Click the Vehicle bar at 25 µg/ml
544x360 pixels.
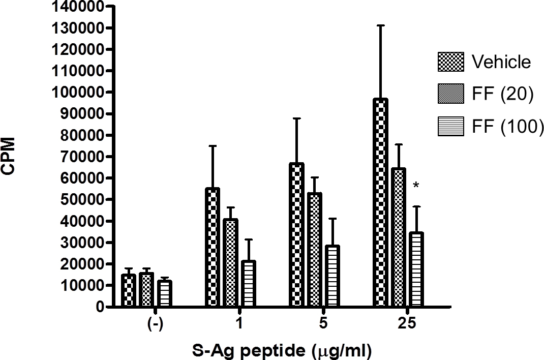[380, 203]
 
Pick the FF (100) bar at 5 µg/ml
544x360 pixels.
[333, 277]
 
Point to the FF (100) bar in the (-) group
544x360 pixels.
[164, 294]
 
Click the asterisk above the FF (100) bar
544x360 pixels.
[416, 186]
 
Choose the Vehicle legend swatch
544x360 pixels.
[450, 62]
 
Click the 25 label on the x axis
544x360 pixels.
[406, 324]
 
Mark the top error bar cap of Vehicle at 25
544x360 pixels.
[380, 25]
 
